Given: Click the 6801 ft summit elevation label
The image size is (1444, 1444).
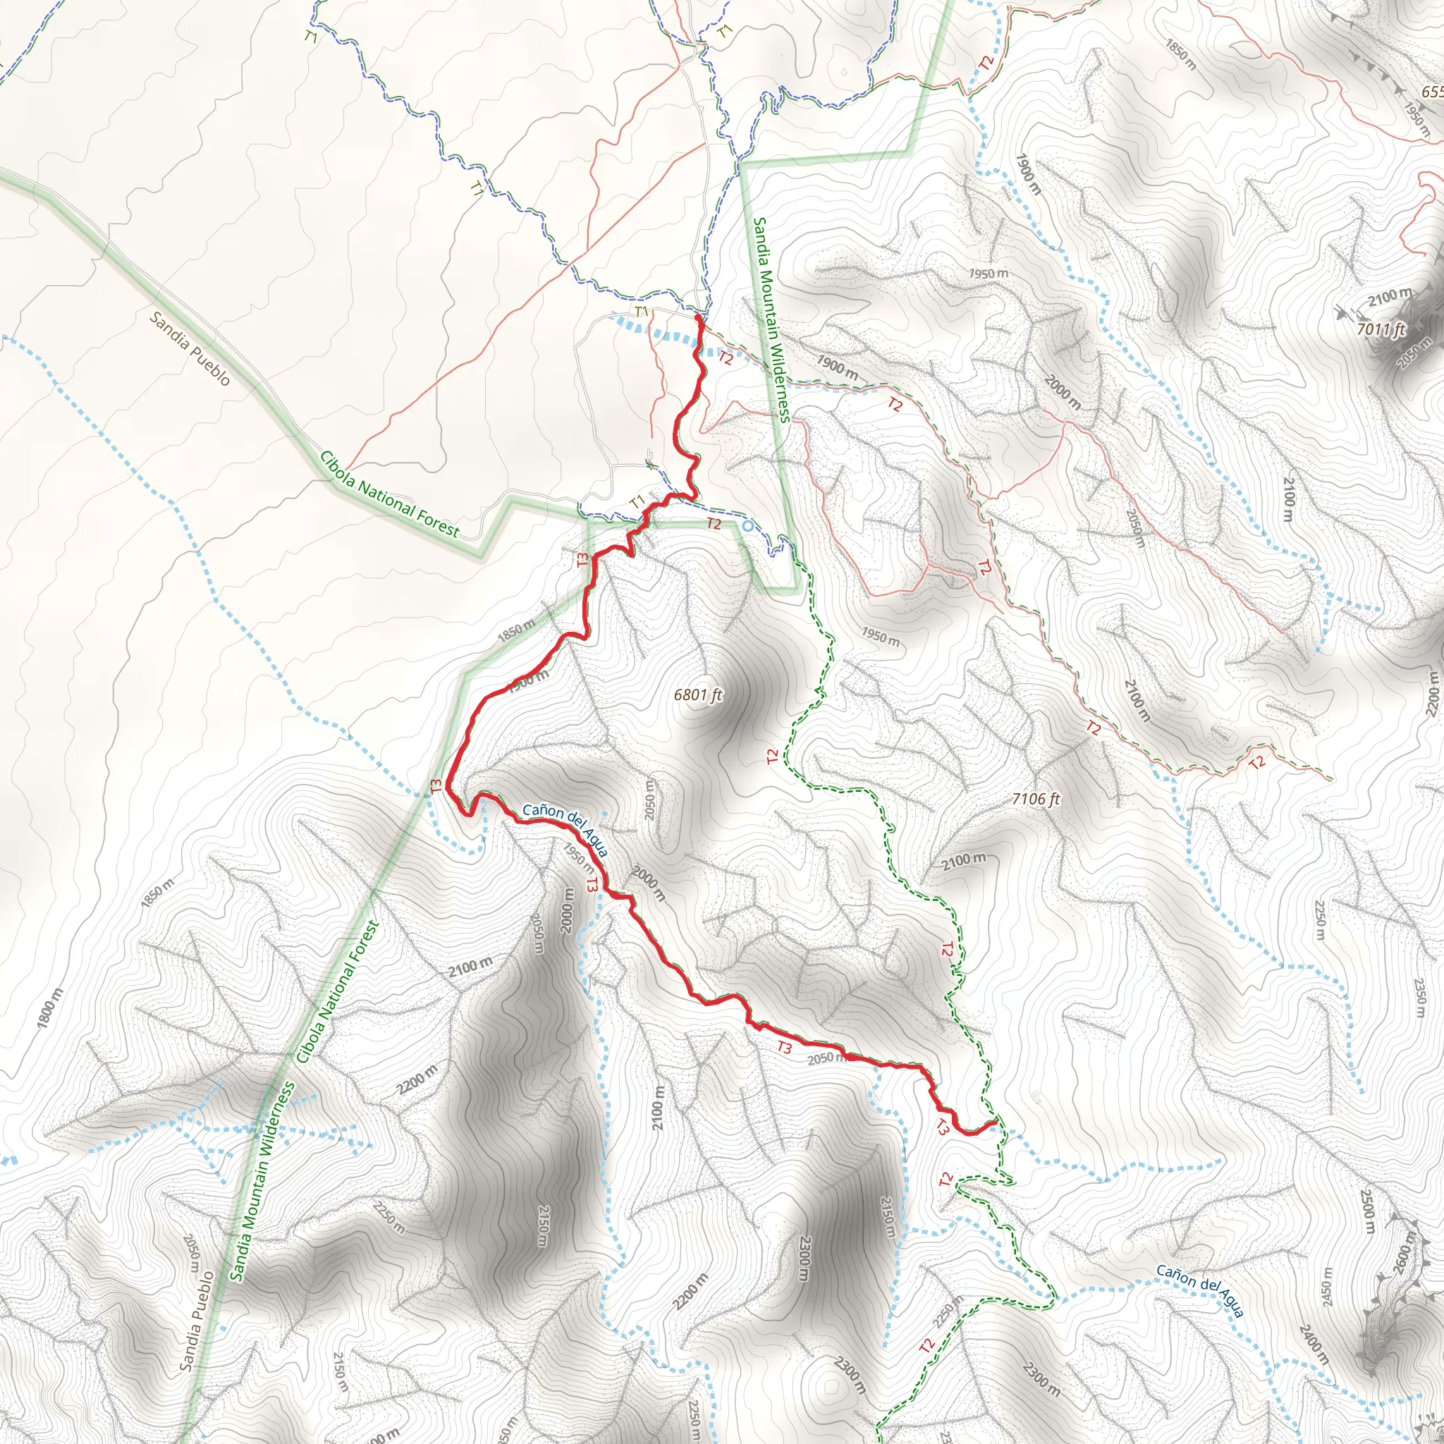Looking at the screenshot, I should point(698,695).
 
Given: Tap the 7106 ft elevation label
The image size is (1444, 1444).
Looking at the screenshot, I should point(1036,799).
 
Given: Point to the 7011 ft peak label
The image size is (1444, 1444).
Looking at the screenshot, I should point(1381,329).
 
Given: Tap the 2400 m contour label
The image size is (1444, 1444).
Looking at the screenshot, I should point(1312,1342).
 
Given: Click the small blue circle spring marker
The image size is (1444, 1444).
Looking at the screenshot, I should point(747,526).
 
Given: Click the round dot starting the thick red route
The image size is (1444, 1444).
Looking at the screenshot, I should point(698,319).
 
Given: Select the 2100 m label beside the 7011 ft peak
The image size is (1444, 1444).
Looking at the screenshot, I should point(1390,297).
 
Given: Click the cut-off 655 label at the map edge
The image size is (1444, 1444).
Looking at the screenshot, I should point(1432,92).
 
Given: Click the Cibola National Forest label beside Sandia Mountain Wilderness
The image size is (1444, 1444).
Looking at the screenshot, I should point(338,993).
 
